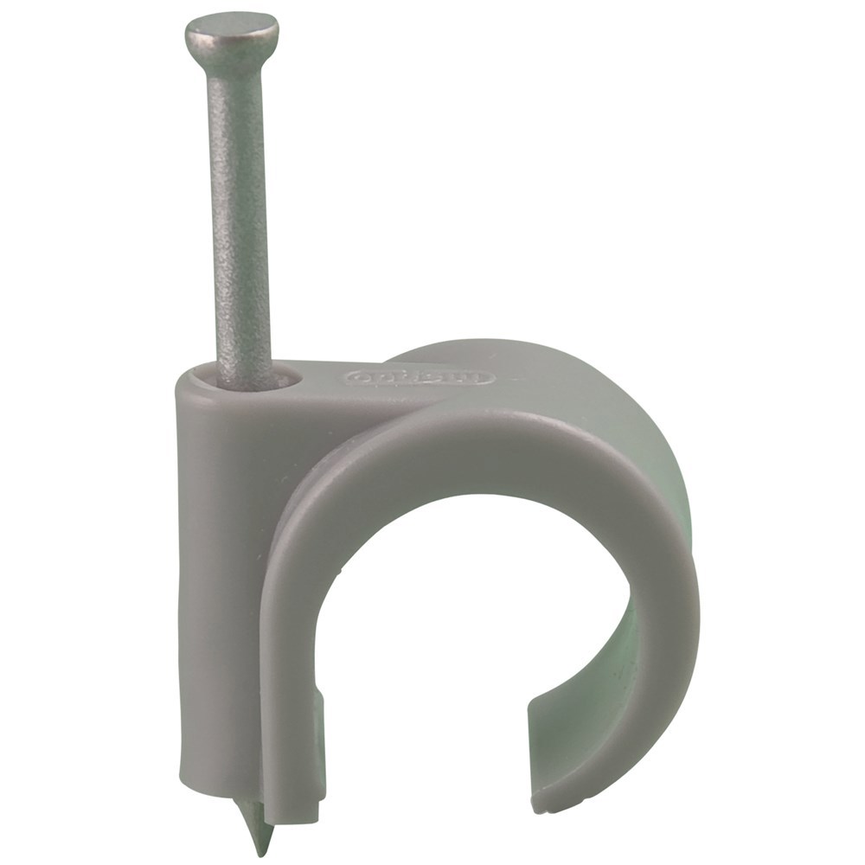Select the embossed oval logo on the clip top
[420, 378]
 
